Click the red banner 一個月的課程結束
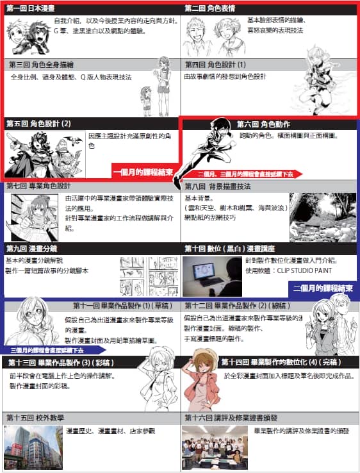(x=144, y=172)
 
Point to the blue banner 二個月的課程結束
(x=323, y=288)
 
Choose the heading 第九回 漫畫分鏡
(x=32, y=248)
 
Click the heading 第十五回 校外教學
(x=35, y=417)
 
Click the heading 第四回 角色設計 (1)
(x=215, y=65)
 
